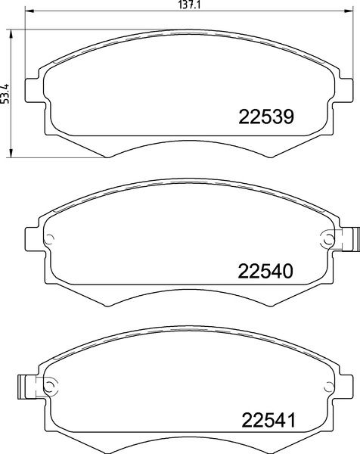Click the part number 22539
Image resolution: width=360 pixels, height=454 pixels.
coord(266,117)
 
